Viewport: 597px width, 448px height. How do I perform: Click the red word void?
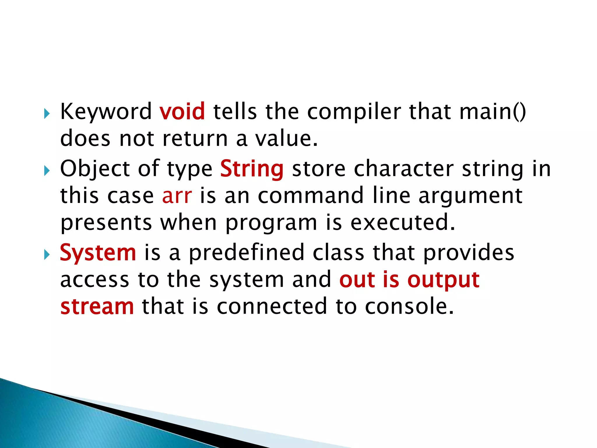(182, 112)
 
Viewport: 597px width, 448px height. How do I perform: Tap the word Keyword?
(106, 112)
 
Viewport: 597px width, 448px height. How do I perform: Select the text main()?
(493, 112)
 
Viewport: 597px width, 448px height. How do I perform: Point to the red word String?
(252, 169)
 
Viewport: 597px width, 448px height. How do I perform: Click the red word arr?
(177, 196)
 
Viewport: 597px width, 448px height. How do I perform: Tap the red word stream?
(97, 307)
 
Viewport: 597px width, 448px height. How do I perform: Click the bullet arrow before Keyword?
(47, 113)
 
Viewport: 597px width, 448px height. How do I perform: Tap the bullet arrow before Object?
(47, 171)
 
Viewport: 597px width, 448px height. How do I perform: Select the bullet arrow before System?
(47, 255)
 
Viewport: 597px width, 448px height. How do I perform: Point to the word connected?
(272, 307)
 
